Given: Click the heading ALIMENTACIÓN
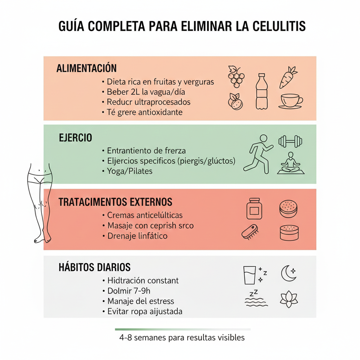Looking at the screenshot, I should tap(86, 68).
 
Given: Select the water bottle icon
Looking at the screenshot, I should tap(261, 91).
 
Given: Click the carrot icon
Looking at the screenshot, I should tap(288, 77).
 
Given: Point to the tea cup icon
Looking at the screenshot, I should tap(291, 101).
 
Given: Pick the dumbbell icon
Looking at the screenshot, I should tap(290, 141).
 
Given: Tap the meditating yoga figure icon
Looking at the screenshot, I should tap(291, 163).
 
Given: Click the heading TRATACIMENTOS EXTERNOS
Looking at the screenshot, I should tap(115, 202).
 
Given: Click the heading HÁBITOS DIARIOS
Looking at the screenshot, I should tap(94, 267).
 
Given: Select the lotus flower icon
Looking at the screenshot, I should tap(289, 299).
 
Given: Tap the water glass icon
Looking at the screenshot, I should tap(250, 275).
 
